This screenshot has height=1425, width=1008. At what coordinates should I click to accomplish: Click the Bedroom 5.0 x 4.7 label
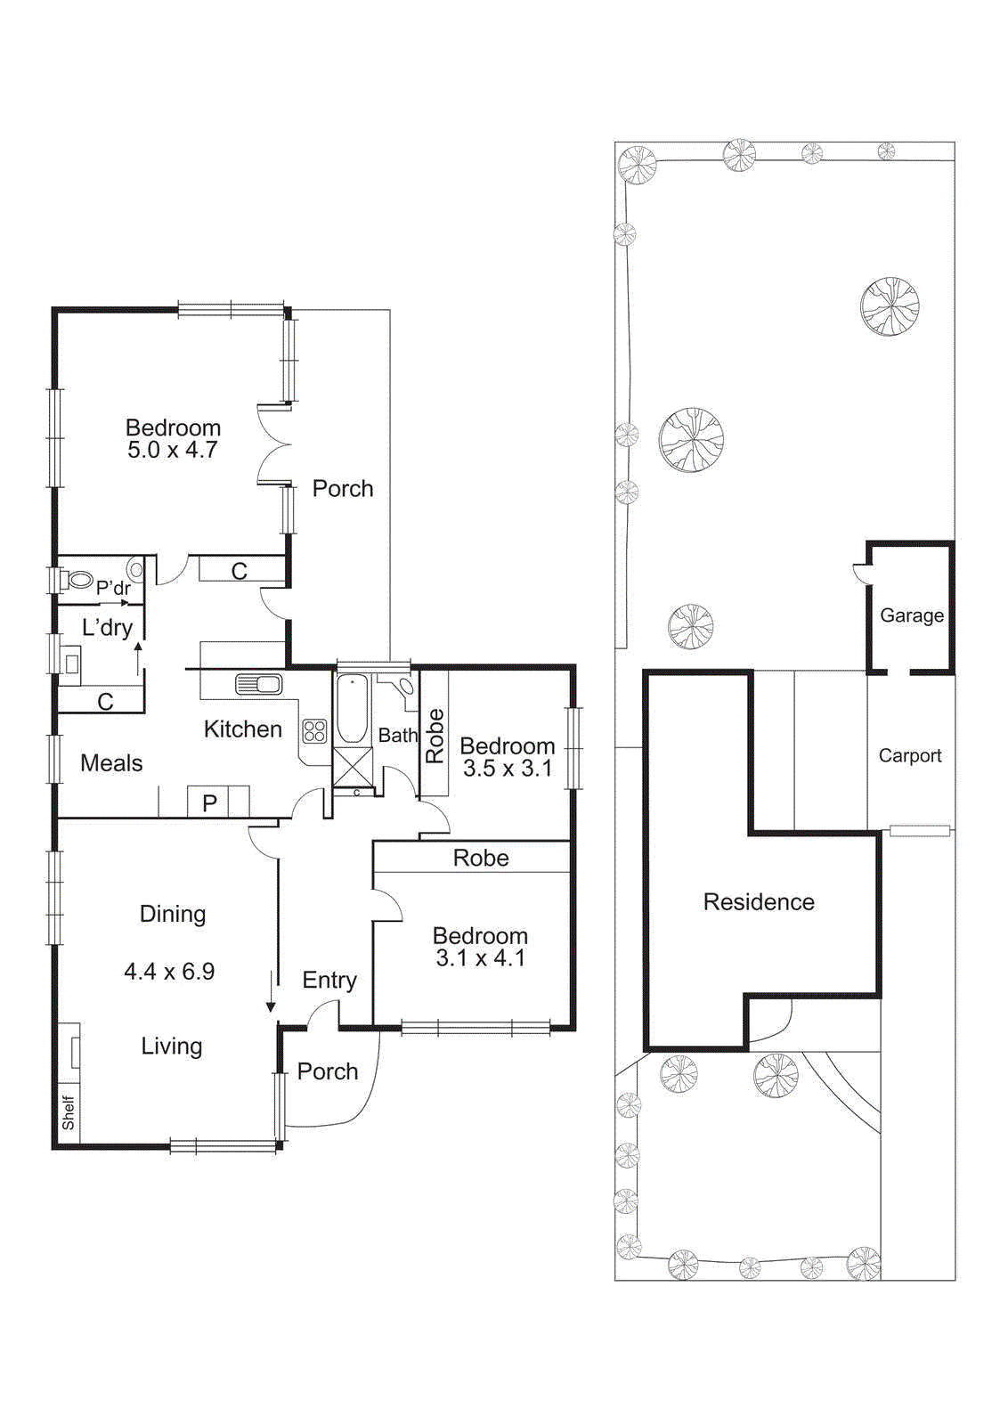(173, 439)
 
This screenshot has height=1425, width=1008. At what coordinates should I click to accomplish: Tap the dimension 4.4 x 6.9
(169, 972)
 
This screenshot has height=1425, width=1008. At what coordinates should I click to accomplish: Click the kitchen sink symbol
(259, 684)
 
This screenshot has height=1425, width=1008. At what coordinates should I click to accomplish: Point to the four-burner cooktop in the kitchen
(315, 731)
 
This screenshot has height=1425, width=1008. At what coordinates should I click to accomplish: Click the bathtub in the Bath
(353, 709)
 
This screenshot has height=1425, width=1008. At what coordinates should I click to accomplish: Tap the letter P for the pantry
(210, 802)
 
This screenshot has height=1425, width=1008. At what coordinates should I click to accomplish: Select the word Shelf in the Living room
(69, 1112)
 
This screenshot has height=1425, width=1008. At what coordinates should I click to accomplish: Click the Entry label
(329, 981)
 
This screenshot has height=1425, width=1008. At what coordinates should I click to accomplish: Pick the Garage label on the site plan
(912, 615)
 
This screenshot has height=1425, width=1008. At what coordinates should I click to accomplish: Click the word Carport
(909, 755)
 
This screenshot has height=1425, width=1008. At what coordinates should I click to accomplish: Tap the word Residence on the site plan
(759, 902)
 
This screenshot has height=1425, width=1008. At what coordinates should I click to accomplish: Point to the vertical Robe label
(435, 736)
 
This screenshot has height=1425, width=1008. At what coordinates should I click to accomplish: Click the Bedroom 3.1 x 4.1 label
(480, 947)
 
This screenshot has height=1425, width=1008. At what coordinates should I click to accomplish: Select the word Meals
(111, 763)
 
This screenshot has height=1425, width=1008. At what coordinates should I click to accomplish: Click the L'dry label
(107, 628)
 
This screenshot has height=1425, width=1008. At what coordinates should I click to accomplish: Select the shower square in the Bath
(353, 766)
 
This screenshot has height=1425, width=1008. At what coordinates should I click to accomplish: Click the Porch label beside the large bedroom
(343, 489)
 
